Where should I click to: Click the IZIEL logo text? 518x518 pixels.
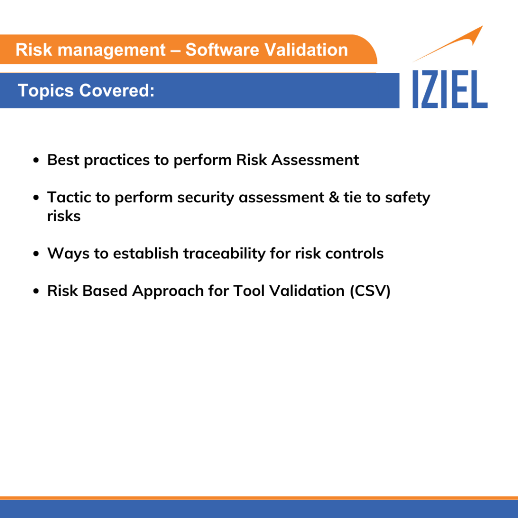point(450,89)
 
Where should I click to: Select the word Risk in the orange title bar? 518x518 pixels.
point(29,50)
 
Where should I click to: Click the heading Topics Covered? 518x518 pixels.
point(86,91)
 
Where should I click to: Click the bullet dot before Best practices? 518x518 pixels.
point(36,160)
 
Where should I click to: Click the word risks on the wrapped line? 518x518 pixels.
point(64,215)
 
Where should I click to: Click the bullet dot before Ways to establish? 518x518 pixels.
point(36,253)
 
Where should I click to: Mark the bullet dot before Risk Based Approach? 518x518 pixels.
point(36,291)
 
